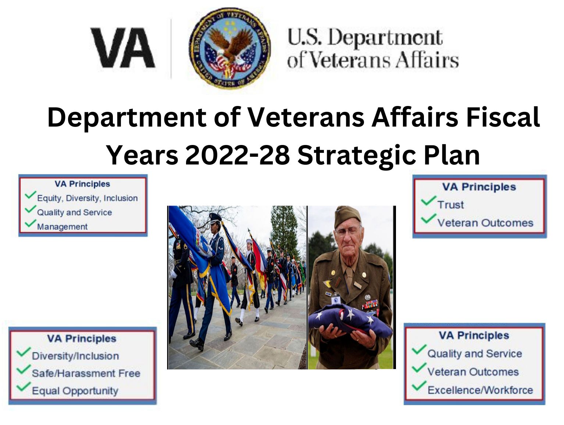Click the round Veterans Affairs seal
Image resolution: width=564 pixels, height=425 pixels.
[230, 48]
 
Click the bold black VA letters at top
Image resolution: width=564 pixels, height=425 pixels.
[123, 48]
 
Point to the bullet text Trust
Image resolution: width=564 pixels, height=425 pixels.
[450, 205]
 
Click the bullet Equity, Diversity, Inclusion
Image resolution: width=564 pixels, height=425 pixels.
[88, 198]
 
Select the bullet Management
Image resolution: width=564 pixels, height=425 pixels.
[62, 227]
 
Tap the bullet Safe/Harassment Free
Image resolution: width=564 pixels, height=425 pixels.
[86, 373]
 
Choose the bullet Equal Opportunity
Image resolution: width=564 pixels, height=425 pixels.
[75, 391]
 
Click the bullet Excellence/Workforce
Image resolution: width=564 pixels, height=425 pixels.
[480, 390]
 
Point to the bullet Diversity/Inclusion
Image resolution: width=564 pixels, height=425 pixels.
[75, 356]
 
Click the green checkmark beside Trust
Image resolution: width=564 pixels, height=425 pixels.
[428, 201]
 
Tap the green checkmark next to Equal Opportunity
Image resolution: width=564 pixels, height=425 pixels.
[24, 386]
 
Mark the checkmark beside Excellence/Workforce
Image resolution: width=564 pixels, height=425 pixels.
[419, 386]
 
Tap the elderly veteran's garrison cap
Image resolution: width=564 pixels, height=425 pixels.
[347, 216]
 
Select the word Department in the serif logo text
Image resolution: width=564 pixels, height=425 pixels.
[385, 39]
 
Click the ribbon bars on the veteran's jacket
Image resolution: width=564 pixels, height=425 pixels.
[370, 304]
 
